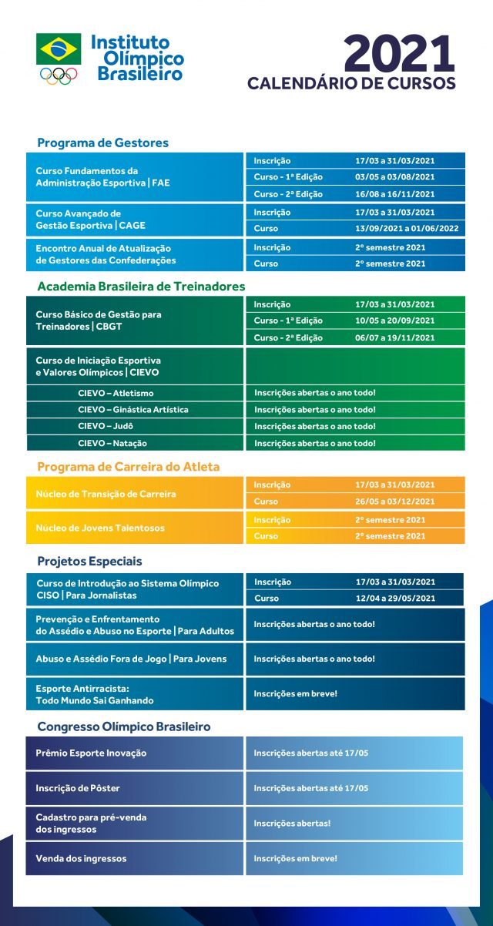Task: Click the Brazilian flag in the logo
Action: (x=58, y=49)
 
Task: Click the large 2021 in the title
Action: (x=398, y=55)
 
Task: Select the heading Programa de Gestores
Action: (x=102, y=143)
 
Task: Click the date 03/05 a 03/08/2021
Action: (x=394, y=177)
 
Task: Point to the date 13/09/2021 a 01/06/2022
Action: (x=406, y=229)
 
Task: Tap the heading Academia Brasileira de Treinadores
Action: (x=141, y=287)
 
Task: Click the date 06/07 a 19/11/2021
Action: (x=394, y=337)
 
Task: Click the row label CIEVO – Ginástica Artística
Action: (x=133, y=410)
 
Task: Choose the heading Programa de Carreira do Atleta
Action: (x=129, y=467)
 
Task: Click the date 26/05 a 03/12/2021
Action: (x=394, y=502)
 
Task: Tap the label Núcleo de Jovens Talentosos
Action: (x=100, y=528)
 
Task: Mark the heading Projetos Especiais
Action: (x=89, y=561)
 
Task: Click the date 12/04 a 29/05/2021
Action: (x=394, y=599)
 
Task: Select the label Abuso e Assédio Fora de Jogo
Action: (x=131, y=659)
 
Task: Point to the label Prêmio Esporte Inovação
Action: (x=91, y=753)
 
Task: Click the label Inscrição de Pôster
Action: (x=78, y=788)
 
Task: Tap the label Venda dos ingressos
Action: (x=81, y=858)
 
